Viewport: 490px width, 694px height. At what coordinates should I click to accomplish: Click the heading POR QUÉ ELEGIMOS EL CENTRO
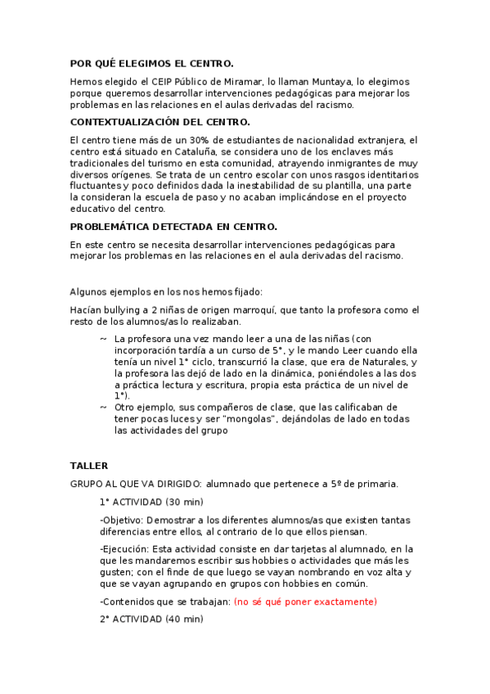[152, 63]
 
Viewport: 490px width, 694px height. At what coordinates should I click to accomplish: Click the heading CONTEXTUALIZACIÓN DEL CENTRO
[160, 122]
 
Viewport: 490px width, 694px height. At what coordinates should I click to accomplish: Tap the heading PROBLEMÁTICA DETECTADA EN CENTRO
[173, 226]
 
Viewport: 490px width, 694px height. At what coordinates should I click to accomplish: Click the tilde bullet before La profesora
[103, 339]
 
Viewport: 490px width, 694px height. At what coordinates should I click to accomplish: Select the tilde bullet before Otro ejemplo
[103, 407]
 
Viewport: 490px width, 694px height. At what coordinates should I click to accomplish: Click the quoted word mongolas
[254, 418]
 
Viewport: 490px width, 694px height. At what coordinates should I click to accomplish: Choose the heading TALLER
[89, 466]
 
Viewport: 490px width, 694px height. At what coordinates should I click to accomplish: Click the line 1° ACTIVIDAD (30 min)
[151, 502]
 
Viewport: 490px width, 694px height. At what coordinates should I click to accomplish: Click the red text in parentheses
[305, 602]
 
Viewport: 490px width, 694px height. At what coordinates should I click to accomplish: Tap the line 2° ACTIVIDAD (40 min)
[151, 620]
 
